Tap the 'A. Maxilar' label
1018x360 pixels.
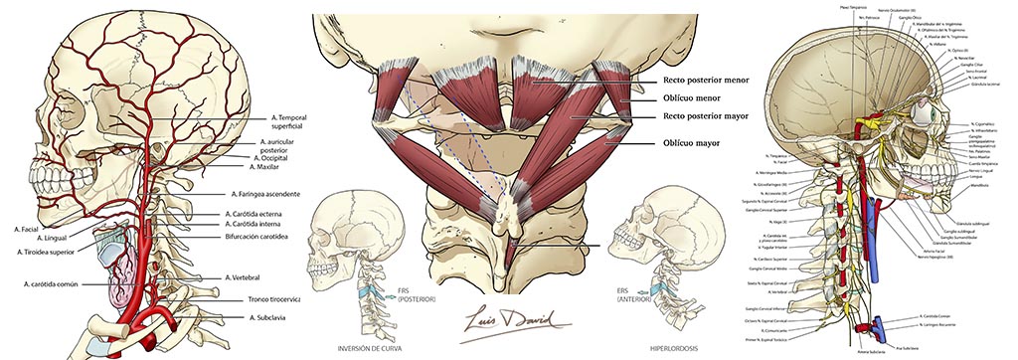coord(268,168)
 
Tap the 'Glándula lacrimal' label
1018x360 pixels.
coord(982,85)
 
